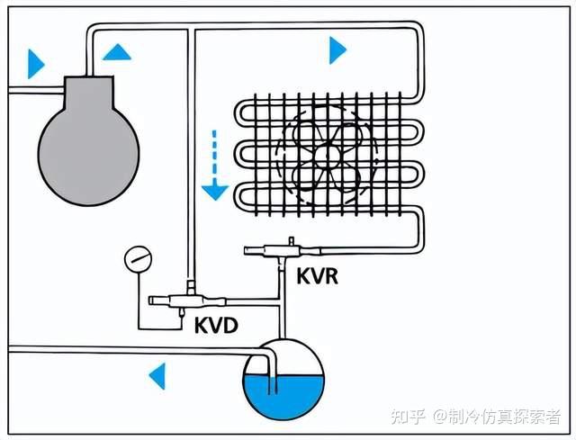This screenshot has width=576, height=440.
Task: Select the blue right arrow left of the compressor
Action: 35,64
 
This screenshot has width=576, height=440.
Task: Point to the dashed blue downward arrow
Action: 214,167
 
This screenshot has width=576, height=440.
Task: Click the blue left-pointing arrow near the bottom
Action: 157,375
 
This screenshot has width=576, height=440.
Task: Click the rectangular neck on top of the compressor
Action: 88,88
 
